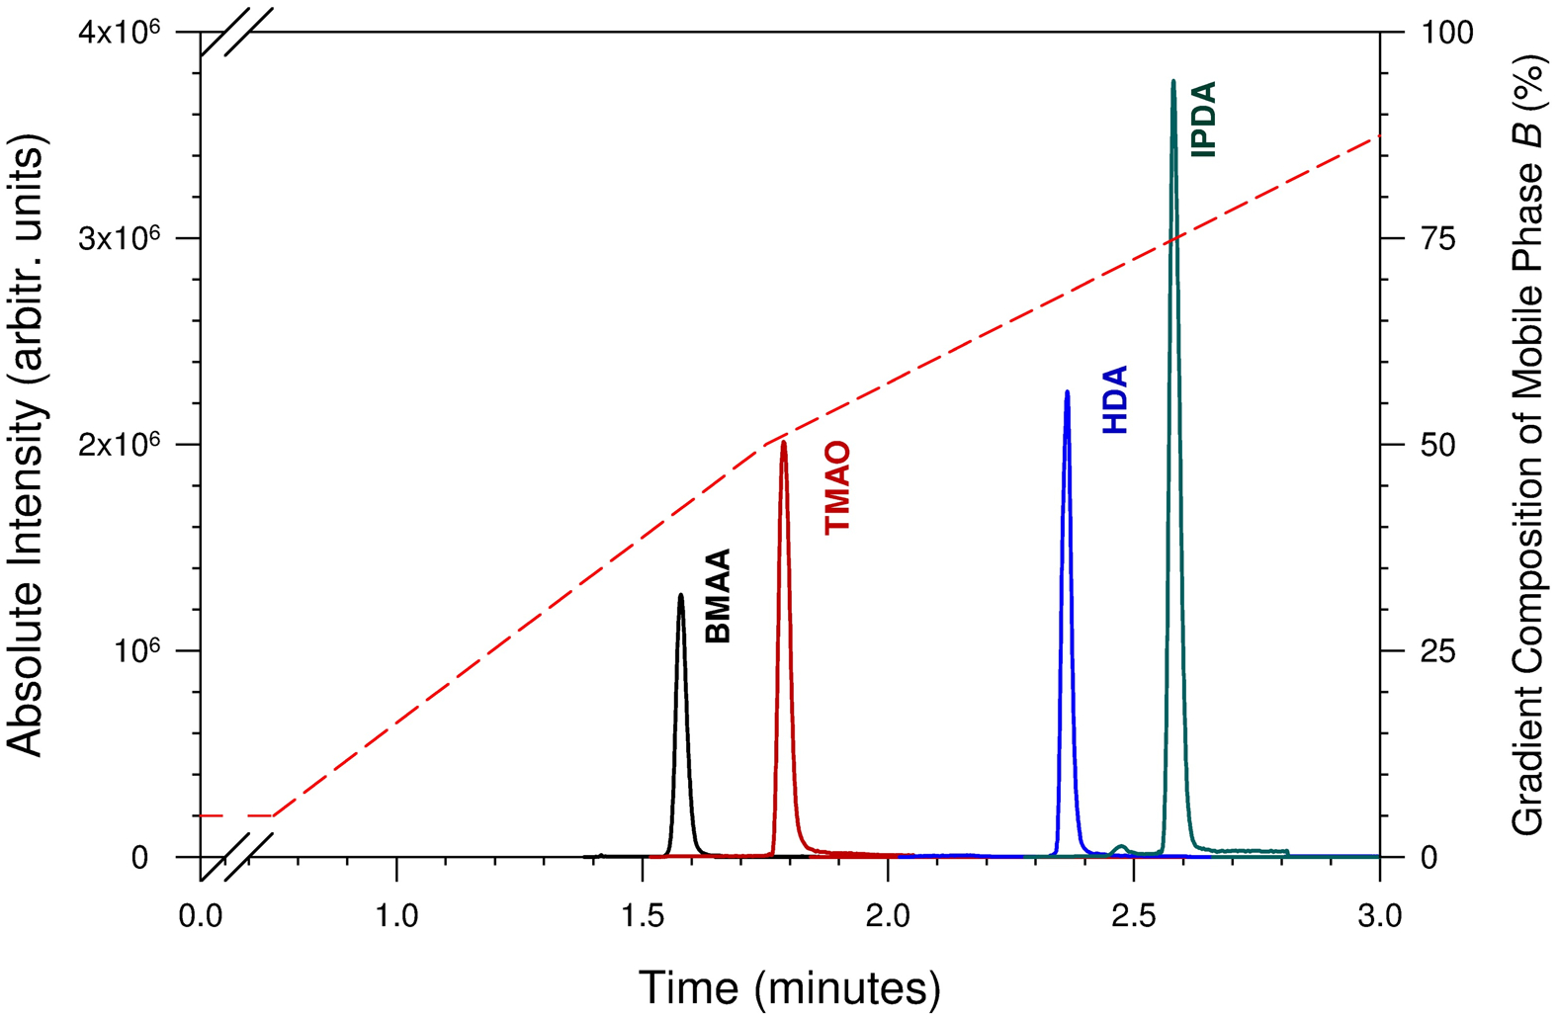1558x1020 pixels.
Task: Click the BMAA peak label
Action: pyautogui.click(x=718, y=596)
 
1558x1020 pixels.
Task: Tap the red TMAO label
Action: pyautogui.click(x=837, y=488)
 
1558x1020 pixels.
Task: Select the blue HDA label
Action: pyautogui.click(x=1115, y=400)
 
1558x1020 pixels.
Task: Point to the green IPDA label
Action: pyautogui.click(x=1203, y=120)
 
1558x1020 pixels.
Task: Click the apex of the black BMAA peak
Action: pyautogui.click(x=680, y=595)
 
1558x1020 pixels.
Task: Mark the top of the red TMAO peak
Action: pyautogui.click(x=784, y=442)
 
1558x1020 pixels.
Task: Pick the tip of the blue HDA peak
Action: pyautogui.click(x=1067, y=391)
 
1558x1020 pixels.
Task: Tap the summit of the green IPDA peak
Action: pyautogui.click(x=1173, y=81)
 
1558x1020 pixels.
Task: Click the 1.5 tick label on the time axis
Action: pyautogui.click(x=643, y=917)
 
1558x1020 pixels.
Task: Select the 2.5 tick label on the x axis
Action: pyautogui.click(x=1133, y=917)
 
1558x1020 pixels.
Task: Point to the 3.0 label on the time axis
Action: pyautogui.click(x=1378, y=917)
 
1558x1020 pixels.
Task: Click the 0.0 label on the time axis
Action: pyautogui.click(x=201, y=917)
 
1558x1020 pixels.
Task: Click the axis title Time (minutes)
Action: pyautogui.click(x=789, y=986)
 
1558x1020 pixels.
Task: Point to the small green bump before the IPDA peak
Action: pyautogui.click(x=1121, y=847)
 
